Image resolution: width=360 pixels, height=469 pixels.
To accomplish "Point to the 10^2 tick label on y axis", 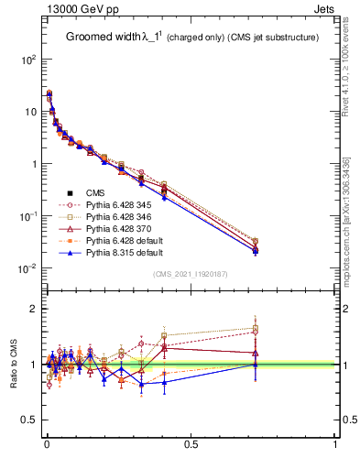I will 28,60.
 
